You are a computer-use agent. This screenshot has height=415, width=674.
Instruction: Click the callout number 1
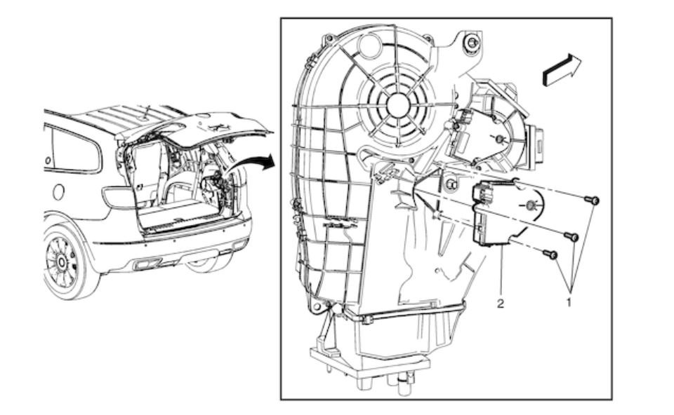[x=569, y=302]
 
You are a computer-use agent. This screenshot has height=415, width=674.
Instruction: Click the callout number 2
[x=501, y=304]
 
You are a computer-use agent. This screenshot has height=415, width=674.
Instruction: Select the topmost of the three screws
[x=592, y=200]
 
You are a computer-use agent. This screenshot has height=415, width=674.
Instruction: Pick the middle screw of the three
[x=571, y=236]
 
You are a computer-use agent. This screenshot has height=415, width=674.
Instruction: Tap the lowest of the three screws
[x=550, y=254]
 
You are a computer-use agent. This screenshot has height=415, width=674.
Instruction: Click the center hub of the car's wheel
[x=61, y=261]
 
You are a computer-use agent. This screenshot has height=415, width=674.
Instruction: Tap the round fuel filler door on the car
[x=58, y=191]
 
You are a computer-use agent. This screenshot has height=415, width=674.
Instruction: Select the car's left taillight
[x=118, y=197]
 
